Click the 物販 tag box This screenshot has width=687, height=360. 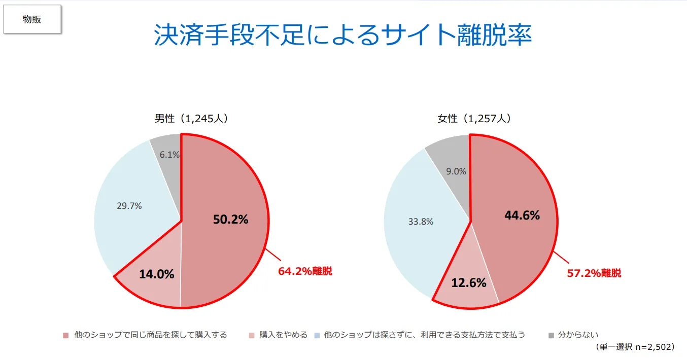pos(32,20)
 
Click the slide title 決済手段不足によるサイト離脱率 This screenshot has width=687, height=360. pos(343,34)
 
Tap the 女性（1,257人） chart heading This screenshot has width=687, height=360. pos(474,119)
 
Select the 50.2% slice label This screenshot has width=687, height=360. pos(230,220)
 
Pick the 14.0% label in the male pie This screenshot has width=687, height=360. pos(157,274)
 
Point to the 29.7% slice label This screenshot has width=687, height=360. pos(129,206)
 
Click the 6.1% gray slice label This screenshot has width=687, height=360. pos(169,155)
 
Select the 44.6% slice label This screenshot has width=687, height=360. pos(522,215)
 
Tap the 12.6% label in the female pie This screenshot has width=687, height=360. pos(469,283)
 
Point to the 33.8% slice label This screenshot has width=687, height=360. pos(421,222)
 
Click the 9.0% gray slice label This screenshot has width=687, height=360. pos(456,171)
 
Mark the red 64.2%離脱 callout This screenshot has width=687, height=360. pos(305,271)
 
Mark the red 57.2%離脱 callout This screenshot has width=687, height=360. pos(594,273)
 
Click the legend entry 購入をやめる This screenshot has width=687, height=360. pos(283,335)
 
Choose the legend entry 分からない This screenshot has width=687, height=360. pos(578,335)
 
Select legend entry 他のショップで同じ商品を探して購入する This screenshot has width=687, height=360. pos(150,335)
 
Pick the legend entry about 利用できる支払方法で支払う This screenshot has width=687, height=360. pos(424,335)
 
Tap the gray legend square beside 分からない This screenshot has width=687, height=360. pos(552,335)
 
